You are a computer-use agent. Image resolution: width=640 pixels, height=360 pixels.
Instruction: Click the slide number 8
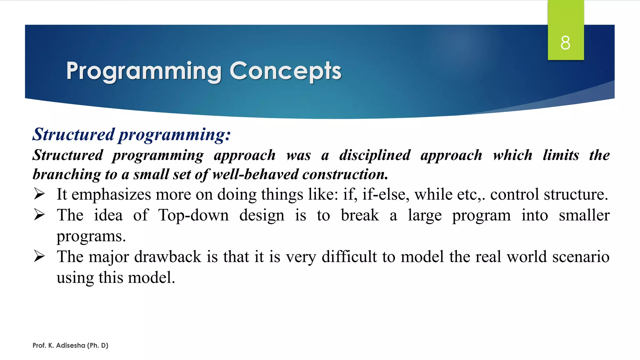click(x=565, y=43)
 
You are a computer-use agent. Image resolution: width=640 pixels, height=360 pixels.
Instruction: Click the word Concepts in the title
click(x=285, y=71)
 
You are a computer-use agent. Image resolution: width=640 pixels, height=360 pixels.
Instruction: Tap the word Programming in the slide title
click(x=144, y=71)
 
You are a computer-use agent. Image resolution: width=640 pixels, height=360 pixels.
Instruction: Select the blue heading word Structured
click(x=74, y=134)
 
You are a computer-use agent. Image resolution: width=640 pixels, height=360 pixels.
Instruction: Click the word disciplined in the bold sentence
click(x=375, y=155)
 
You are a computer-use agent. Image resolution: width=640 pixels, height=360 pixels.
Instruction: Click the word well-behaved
click(x=255, y=174)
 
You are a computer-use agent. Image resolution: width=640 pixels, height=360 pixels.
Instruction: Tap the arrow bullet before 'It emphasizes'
click(x=39, y=194)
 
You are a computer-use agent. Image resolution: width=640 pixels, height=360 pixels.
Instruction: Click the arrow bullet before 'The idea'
click(x=39, y=215)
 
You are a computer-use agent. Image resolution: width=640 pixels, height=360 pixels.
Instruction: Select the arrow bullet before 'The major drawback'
click(x=39, y=257)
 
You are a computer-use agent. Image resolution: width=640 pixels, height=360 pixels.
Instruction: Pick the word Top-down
click(x=193, y=215)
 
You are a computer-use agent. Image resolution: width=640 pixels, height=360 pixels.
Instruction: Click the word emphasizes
click(x=111, y=195)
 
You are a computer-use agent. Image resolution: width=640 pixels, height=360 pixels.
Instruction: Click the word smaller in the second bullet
click(x=584, y=215)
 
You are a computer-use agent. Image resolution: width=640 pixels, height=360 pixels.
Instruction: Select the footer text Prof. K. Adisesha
click(x=70, y=345)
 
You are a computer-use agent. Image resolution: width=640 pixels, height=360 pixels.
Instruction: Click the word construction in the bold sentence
click(x=345, y=174)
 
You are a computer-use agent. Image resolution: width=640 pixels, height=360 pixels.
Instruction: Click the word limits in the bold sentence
click(x=561, y=155)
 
